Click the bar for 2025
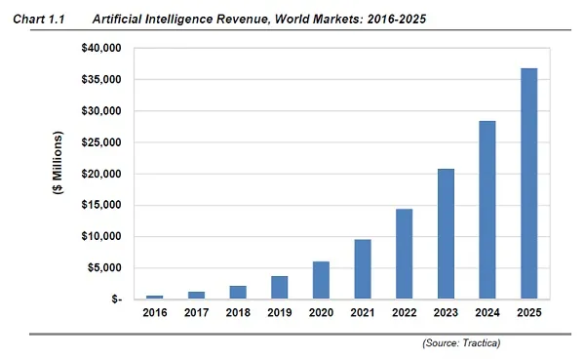pos(528,183)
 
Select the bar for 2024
pos(487,210)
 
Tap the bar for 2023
pos(446,234)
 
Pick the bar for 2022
pos(404,254)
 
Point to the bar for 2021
pos(362,269)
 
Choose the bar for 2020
pos(321,280)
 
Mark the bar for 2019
pos(279,288)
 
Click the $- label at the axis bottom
pos(114,300)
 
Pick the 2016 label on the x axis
pos(154,314)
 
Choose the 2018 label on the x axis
pos(237,314)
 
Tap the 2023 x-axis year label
pos(446,314)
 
